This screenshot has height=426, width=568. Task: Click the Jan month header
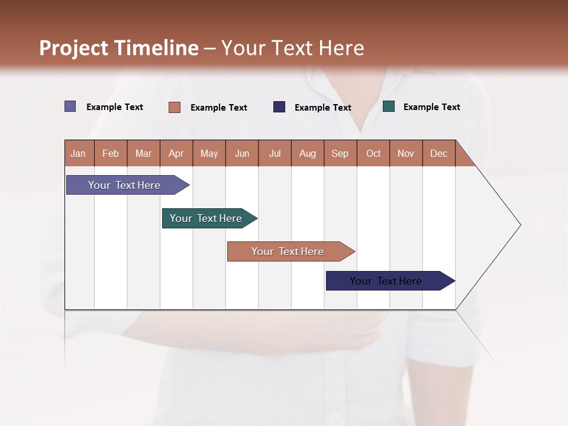coord(79,153)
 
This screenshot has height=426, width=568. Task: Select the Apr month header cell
coord(176,153)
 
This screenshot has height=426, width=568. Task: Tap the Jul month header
coord(275,153)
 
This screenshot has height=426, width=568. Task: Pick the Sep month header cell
coord(340,153)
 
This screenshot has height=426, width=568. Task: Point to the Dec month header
coord(439,153)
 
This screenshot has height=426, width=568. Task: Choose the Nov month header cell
coord(406,153)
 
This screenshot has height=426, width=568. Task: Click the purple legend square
coord(70,106)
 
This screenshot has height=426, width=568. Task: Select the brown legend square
coord(175,107)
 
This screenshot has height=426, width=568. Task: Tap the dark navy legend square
coord(279,107)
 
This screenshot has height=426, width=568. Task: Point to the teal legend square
coord(389,106)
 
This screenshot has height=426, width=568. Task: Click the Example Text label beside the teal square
coord(432,107)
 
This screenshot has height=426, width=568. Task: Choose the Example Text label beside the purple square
coord(115,107)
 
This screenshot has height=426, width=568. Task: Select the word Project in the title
coord(74,49)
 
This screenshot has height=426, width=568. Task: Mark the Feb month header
coord(111,153)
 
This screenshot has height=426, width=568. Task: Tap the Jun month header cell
coord(242,153)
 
